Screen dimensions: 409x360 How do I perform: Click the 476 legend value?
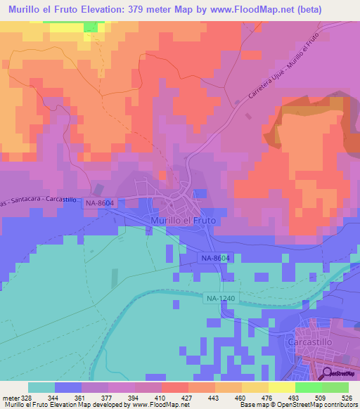(269, 397)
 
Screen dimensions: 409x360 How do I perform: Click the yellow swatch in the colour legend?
(281, 387)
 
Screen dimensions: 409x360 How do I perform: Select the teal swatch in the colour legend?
(41, 387)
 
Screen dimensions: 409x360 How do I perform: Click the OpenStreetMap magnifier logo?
(327, 374)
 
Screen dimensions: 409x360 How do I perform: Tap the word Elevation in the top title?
(115, 8)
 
